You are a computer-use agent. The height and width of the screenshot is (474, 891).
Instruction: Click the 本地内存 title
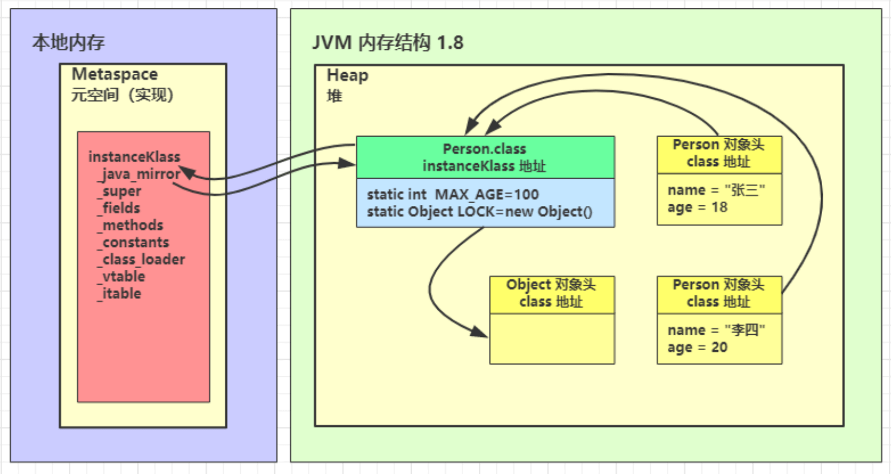(68, 43)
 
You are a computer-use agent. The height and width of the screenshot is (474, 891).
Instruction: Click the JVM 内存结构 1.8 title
(388, 43)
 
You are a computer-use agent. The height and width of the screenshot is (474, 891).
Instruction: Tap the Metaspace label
(115, 74)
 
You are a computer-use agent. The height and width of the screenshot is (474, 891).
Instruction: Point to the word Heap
(347, 75)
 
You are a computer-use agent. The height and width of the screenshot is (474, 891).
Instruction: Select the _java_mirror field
(139, 174)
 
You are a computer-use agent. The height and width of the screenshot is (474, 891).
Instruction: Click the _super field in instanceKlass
(120, 191)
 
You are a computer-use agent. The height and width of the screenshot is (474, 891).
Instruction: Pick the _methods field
(131, 225)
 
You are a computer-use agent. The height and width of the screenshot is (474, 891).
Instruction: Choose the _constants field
(134, 243)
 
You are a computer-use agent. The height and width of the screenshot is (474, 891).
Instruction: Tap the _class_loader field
(142, 260)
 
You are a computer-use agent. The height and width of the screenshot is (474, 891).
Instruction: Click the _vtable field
(121, 276)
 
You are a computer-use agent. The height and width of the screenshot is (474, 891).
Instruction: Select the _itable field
(120, 294)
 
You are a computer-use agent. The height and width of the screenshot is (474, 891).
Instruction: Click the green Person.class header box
(484, 157)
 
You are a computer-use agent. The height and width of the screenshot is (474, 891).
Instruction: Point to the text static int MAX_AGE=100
(453, 194)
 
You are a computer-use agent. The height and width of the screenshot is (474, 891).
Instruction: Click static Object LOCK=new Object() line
(479, 211)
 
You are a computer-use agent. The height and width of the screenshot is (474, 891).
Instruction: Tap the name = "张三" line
(716, 190)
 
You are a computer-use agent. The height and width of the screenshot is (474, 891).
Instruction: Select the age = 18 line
(697, 208)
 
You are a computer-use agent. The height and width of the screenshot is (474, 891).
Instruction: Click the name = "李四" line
(716, 330)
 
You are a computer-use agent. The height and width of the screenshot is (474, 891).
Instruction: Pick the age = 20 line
(697, 347)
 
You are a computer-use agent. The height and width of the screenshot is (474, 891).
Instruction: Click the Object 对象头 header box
(551, 294)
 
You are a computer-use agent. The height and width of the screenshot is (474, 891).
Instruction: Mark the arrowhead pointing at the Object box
(479, 332)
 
